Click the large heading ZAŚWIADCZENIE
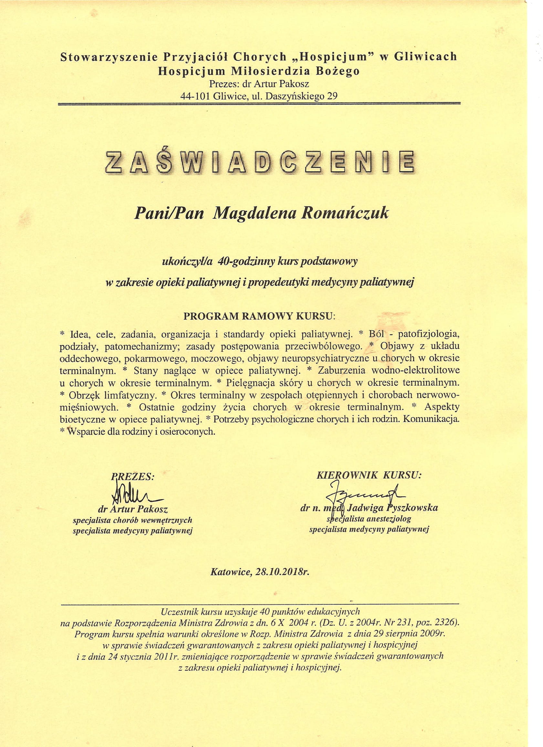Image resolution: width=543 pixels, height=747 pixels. coord(259,162)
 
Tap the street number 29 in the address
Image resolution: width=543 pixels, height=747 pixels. coord(332,96)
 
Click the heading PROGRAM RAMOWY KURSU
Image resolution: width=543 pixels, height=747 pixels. coord(258,316)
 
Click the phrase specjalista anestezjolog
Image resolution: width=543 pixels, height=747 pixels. coord(369,519)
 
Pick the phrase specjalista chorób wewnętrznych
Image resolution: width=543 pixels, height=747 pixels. coord(132,521)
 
